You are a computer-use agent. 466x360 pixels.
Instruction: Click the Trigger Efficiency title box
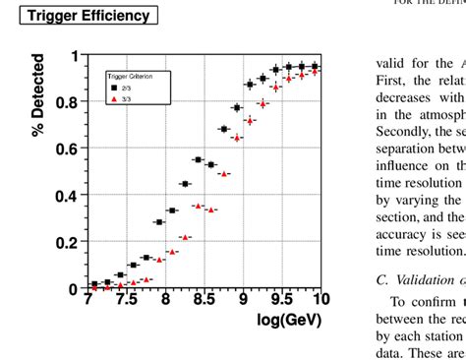(x=88, y=16)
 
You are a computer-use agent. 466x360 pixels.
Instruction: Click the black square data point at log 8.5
(x=198, y=159)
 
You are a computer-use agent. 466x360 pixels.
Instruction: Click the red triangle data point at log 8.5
(x=198, y=206)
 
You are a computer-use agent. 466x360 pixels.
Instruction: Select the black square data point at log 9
(x=236, y=107)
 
